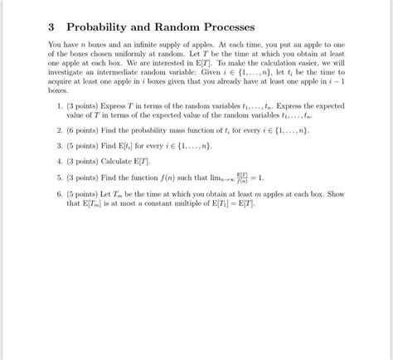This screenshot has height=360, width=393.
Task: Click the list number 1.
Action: pyautogui.click(x=60, y=106)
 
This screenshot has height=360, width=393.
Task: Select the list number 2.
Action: pyautogui.click(x=60, y=131)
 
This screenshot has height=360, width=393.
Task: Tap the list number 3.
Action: pyautogui.click(x=60, y=146)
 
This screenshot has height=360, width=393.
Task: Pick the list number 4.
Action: pyautogui.click(x=60, y=161)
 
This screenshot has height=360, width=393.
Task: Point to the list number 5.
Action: pyautogui.click(x=60, y=177)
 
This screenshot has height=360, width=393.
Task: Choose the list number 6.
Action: pyautogui.click(x=60, y=193)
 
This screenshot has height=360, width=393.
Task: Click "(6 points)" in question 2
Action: pyautogui.click(x=84, y=131)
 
